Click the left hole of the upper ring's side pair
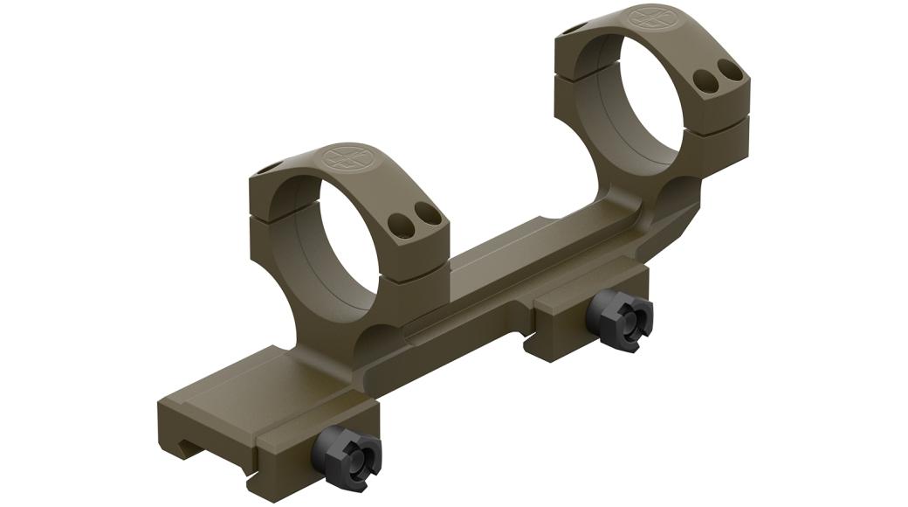coord(705,83)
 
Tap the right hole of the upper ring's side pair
coord(726,73)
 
